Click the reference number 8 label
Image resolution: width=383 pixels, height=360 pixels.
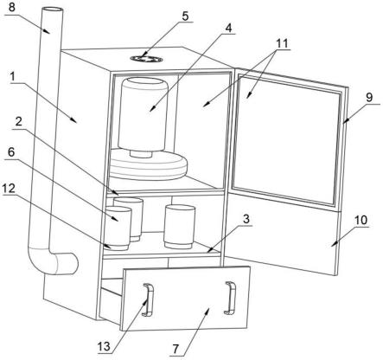coord(11,7)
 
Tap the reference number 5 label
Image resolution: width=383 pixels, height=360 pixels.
coord(185,16)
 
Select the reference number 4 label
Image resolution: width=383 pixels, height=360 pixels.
coord(228,28)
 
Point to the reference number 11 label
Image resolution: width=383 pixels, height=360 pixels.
coord(282,43)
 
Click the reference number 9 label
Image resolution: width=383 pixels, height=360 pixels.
coord(369,98)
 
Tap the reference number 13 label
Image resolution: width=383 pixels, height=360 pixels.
coord(104,347)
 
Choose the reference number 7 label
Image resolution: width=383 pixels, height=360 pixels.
coord(176,350)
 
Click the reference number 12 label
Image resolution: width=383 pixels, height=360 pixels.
coord(9,189)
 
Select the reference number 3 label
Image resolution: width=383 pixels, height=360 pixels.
coord(246,219)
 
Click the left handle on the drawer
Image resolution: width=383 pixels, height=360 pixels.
coord(149,299)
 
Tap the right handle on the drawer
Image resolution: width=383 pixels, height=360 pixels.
coord(231,298)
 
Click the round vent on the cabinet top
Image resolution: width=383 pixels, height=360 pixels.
coord(146,59)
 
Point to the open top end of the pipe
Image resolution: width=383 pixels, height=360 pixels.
coord(52,10)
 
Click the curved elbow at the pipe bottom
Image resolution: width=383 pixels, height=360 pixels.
coord(53,263)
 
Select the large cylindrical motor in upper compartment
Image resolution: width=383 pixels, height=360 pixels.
coord(144,117)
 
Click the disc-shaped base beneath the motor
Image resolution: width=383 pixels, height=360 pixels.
coord(149,164)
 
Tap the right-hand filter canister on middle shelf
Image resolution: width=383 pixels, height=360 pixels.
coord(179,227)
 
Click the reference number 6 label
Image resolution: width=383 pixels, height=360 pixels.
coord(11,152)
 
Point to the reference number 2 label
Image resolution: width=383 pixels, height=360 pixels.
coord(19,122)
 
